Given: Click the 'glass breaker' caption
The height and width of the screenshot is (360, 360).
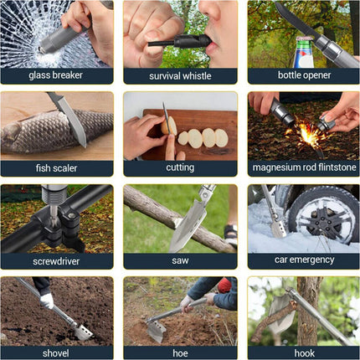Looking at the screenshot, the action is (x=56, y=75).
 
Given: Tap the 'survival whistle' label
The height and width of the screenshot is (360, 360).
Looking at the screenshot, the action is (x=180, y=76).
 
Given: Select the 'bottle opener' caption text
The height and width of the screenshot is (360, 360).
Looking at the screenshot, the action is (x=304, y=75).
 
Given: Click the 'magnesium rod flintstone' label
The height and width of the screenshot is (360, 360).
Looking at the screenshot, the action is (x=304, y=167).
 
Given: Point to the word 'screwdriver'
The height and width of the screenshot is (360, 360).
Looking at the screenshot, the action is (x=56, y=261).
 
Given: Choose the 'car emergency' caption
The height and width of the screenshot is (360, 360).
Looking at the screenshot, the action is (x=304, y=260).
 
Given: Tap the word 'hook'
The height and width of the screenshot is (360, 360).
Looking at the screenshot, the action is (x=304, y=353).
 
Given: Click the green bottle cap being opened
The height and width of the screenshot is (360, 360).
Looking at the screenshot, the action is (x=303, y=40).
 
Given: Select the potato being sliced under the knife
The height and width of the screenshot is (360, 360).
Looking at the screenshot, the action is (x=169, y=126).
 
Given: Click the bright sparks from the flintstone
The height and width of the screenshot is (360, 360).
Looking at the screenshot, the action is (x=308, y=133).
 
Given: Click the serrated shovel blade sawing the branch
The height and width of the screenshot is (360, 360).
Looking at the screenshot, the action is (x=188, y=224).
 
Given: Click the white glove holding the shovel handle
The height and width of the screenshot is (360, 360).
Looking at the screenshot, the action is (x=46, y=301).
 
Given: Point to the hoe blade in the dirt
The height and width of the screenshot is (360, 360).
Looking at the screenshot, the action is (x=157, y=332).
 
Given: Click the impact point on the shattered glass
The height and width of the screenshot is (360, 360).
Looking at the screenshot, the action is (x=41, y=50).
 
